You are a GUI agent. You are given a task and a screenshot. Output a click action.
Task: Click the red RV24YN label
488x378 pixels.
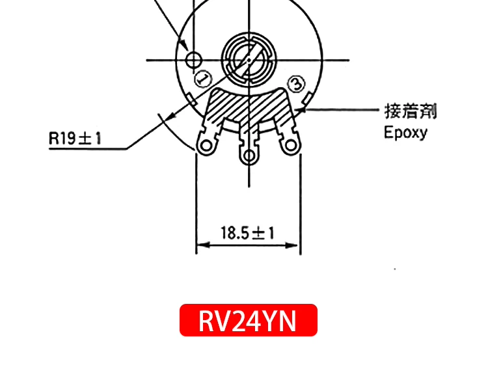(x=248, y=320)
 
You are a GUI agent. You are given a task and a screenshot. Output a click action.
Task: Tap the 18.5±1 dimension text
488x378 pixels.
(x=248, y=232)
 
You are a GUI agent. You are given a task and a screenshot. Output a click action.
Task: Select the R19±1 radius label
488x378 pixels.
(x=75, y=138)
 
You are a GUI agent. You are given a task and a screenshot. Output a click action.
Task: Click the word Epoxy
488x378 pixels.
(x=405, y=133)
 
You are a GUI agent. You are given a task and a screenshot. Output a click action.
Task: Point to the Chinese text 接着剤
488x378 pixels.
(x=410, y=111)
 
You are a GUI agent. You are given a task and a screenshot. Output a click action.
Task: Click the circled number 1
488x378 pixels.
(x=203, y=79)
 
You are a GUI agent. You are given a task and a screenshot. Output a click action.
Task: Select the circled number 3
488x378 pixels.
(x=295, y=83)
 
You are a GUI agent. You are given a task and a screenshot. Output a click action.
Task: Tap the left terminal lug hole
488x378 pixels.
(x=206, y=146)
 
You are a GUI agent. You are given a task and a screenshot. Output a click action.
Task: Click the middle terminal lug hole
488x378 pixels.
(x=249, y=156)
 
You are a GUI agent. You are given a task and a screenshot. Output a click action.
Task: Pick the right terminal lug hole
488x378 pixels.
(x=290, y=146)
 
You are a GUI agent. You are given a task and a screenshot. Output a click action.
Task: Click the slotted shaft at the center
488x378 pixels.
(x=248, y=59)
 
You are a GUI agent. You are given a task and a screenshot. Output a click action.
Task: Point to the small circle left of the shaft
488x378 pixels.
(x=193, y=61)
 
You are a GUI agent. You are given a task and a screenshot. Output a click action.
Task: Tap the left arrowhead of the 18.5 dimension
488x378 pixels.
(x=200, y=245)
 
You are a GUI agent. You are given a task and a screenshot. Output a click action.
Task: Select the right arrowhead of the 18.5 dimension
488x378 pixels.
(x=295, y=245)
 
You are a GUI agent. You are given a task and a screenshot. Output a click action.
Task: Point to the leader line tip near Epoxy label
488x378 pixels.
(x=303, y=111)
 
